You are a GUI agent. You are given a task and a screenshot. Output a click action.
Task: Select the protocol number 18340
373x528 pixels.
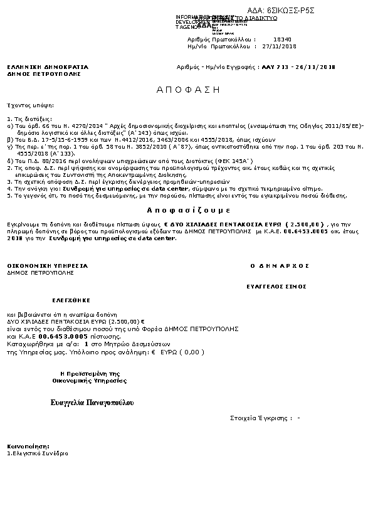283,39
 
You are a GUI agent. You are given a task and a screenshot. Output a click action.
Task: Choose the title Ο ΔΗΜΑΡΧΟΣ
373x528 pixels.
280,266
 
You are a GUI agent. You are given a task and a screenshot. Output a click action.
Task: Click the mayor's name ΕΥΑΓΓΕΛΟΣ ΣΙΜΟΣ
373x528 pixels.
278,286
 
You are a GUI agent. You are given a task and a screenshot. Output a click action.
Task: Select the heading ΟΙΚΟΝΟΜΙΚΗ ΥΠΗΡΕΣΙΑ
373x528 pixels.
48,266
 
